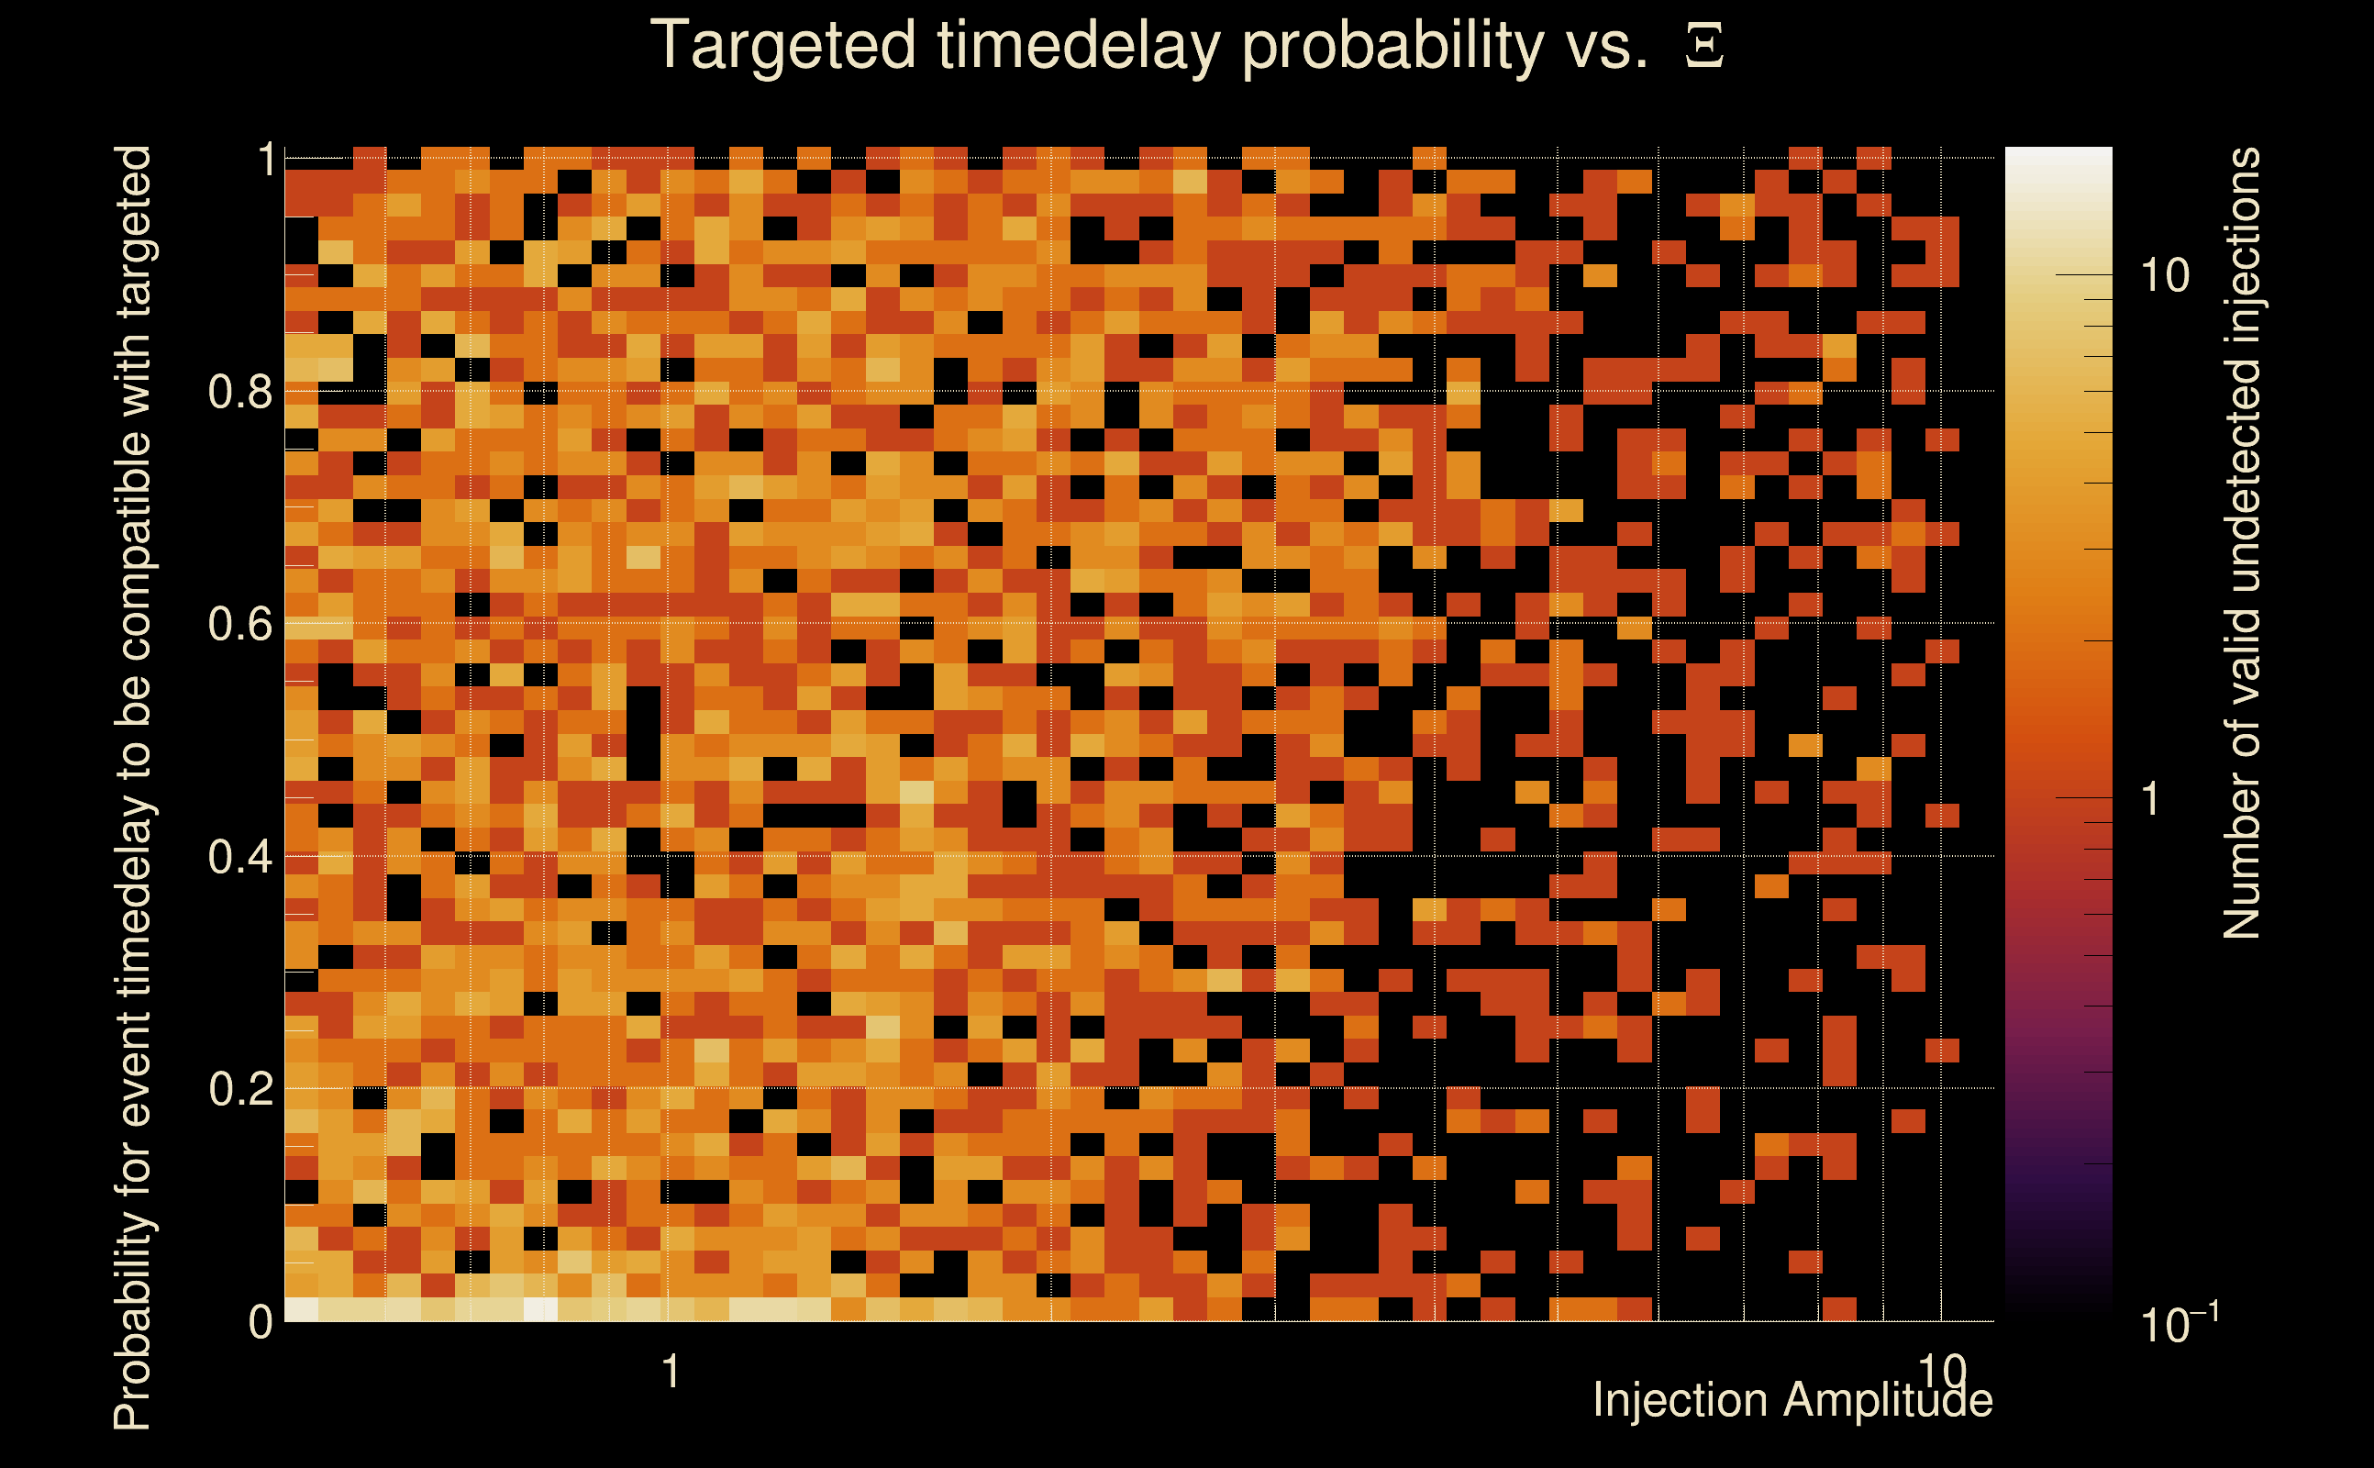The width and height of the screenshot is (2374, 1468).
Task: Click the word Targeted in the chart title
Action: (x=783, y=47)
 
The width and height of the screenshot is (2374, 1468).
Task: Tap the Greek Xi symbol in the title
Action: (x=1704, y=45)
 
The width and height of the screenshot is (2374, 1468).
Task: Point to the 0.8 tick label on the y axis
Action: (x=240, y=391)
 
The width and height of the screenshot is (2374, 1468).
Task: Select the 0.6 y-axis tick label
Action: (x=240, y=623)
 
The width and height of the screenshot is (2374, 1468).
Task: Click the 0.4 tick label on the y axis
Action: (x=240, y=856)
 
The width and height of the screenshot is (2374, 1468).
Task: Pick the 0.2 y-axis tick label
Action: (x=240, y=1088)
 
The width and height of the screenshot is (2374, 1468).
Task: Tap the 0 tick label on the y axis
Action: (x=261, y=1321)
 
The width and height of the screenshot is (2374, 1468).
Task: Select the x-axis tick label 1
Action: (x=671, y=1372)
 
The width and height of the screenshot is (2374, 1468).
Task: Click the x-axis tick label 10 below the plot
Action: (x=1942, y=1372)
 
